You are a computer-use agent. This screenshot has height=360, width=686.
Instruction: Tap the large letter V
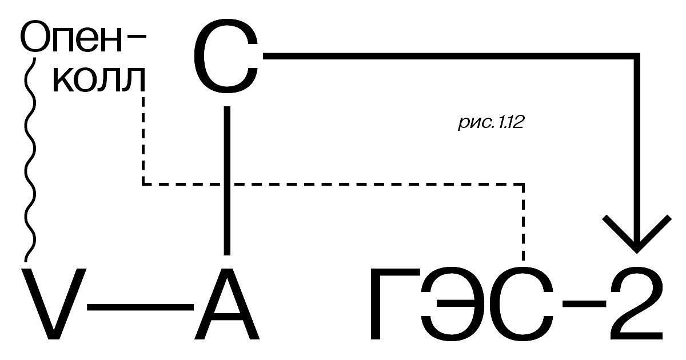tap(54, 304)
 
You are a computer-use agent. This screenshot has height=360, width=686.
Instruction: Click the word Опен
tap(71, 37)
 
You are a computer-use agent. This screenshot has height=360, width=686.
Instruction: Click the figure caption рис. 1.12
tap(491, 123)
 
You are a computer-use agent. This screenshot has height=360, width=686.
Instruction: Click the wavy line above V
tap(30, 159)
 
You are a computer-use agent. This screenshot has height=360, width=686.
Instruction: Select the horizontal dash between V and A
tap(141, 307)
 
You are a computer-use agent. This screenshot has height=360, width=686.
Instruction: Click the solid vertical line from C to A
tap(227, 181)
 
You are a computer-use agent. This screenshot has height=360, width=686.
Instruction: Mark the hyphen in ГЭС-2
tap(584, 303)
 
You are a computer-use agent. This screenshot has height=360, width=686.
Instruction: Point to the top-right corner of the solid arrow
tap(637, 56)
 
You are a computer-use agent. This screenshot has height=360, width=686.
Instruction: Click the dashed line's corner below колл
tap(143, 184)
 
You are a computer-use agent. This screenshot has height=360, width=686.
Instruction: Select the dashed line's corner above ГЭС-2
tap(523, 184)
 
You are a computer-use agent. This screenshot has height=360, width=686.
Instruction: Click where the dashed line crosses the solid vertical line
tap(227, 184)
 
